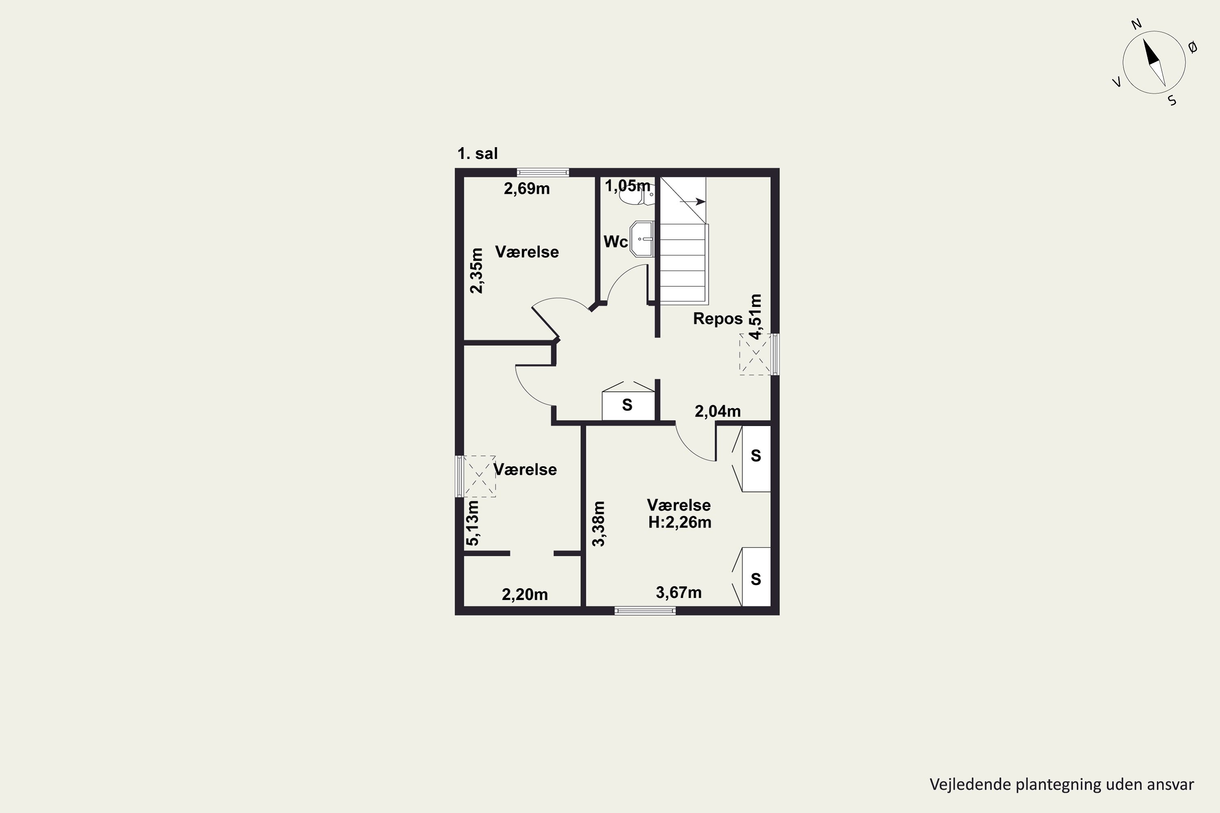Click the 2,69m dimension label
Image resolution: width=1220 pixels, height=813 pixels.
click(527, 189)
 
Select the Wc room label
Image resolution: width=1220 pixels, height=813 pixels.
click(616, 241)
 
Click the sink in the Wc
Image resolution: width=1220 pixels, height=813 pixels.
click(642, 239)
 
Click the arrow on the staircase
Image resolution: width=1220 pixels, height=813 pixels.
click(693, 201)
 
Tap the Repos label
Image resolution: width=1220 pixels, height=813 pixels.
click(718, 318)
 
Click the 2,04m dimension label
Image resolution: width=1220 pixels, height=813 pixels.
click(717, 411)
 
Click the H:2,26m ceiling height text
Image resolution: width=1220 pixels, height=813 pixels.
click(680, 522)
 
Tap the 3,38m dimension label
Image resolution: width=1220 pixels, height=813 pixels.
click(599, 524)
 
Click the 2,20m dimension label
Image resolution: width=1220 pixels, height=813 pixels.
click(525, 594)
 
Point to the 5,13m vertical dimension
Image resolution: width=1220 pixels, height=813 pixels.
click(473, 523)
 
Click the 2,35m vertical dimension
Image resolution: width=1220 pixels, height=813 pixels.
click(476, 271)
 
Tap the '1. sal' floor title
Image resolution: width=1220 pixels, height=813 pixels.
click(477, 154)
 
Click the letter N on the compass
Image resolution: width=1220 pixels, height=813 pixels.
click(1136, 38)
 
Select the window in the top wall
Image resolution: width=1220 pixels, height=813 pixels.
click(543, 173)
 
